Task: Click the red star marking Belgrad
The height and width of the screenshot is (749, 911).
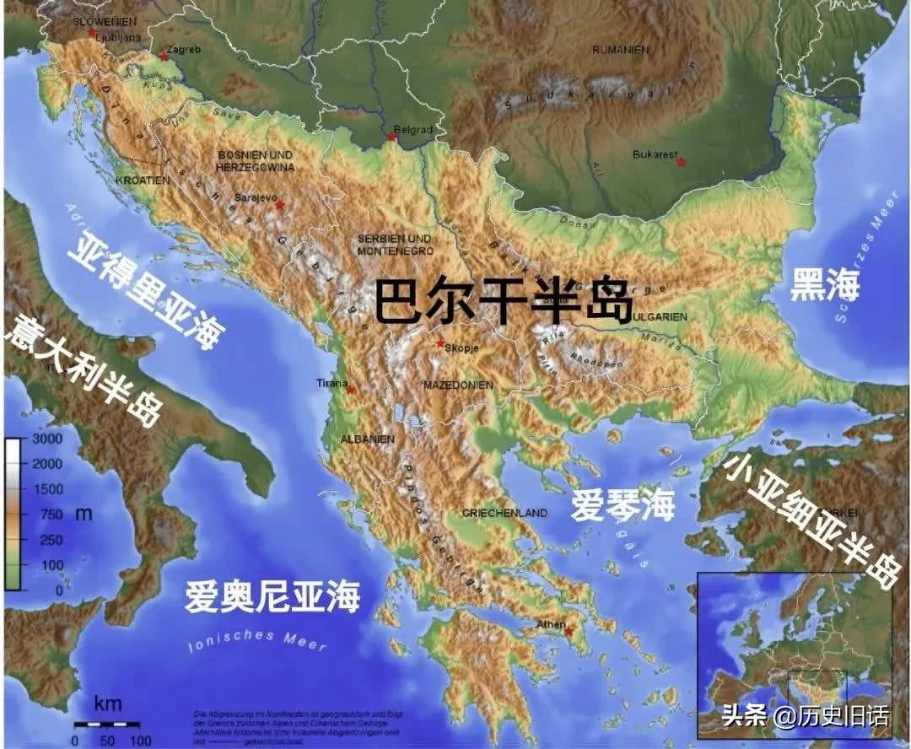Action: click(x=391, y=137)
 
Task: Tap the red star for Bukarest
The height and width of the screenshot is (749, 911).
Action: click(x=681, y=162)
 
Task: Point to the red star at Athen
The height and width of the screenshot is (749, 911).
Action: click(x=569, y=632)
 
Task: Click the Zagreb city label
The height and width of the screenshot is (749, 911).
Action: click(x=186, y=50)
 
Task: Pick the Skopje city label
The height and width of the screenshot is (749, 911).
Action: click(x=461, y=348)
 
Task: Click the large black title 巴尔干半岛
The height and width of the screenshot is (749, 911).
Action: click(x=503, y=301)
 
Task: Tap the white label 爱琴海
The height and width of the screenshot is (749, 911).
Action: click(x=623, y=504)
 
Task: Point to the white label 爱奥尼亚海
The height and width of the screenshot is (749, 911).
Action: click(x=272, y=596)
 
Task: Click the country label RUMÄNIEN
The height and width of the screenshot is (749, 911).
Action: click(x=620, y=50)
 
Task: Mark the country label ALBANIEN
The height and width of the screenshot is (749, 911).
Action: click(x=367, y=439)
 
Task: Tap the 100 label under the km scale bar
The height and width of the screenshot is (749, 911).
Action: click(x=136, y=741)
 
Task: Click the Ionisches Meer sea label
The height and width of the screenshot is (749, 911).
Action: click(x=256, y=640)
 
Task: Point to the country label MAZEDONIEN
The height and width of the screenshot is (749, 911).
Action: click(x=458, y=385)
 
